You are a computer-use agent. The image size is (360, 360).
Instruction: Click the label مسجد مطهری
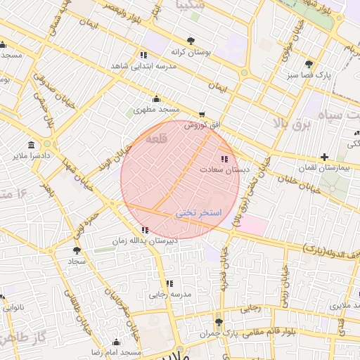[157, 110]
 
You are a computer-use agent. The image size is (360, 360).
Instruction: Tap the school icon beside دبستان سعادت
[224, 159]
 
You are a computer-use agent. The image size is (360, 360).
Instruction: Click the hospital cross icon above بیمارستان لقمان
[323, 157]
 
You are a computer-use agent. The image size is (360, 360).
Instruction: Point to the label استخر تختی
[198, 212]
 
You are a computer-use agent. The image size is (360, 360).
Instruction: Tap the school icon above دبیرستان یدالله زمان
[145, 230]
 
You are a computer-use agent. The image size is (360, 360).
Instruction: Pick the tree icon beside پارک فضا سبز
[309, 64]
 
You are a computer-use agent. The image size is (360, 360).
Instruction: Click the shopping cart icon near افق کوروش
[202, 114]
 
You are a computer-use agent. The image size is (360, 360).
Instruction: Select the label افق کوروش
[202, 125]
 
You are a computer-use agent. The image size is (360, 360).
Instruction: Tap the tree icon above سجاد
[76, 250]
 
